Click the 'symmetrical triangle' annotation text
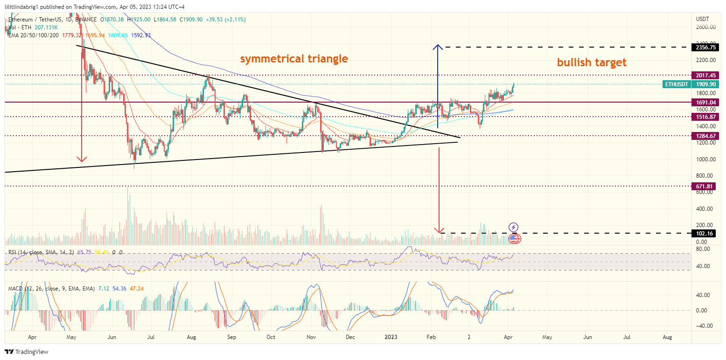click(x=294, y=59)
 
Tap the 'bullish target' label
click(x=592, y=62)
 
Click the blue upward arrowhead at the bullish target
click(x=437, y=47)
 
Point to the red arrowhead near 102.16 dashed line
click(x=439, y=230)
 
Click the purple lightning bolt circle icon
click(x=513, y=227)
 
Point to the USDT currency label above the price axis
click(x=702, y=19)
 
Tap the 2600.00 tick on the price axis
click(x=705, y=27)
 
